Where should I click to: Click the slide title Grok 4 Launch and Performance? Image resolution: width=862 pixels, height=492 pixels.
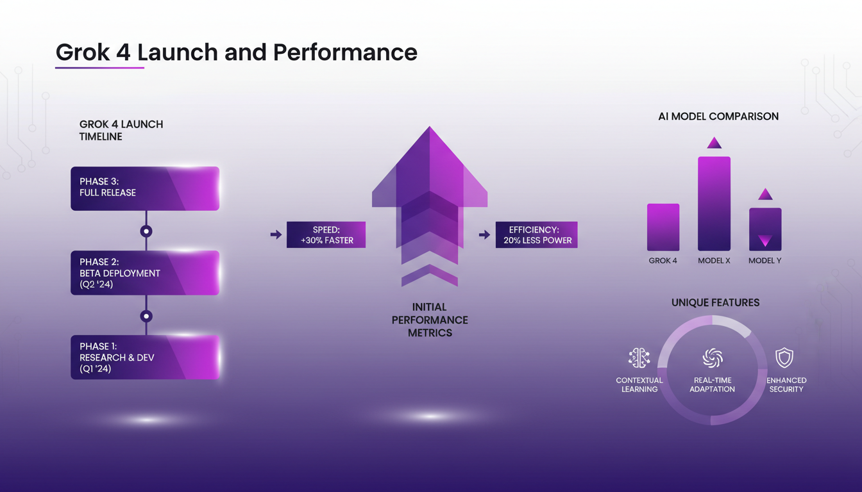(236, 52)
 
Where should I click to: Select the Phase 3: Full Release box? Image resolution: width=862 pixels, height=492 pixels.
(145, 188)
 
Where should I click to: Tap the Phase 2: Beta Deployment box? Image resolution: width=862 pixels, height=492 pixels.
(145, 273)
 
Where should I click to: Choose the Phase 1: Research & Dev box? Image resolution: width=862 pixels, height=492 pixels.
(145, 357)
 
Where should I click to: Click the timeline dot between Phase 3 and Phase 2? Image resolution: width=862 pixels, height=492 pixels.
(146, 231)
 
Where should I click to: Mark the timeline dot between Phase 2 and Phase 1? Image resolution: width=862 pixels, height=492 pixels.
(146, 316)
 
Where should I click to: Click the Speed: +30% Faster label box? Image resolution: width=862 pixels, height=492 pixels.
(326, 235)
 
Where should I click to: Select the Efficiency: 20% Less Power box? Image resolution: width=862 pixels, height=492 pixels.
(536, 235)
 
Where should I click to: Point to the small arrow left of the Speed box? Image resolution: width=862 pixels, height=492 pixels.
(276, 235)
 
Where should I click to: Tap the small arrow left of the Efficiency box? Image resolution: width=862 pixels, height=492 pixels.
(484, 235)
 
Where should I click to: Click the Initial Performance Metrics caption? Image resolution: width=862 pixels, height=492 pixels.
(430, 320)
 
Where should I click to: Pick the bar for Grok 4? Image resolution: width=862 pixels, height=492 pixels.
(663, 227)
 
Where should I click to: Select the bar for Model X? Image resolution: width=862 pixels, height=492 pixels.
(714, 204)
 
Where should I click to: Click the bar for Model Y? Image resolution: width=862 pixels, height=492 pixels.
(765, 229)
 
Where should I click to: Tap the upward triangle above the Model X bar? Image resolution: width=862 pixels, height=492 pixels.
(714, 143)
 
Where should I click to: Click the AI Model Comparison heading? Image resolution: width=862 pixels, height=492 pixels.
(718, 117)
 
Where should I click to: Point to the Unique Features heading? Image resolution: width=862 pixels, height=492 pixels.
(715, 302)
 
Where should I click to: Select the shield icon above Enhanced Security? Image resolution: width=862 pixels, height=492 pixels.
(784, 357)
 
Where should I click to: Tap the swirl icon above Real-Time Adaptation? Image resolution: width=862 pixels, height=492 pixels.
(713, 358)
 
